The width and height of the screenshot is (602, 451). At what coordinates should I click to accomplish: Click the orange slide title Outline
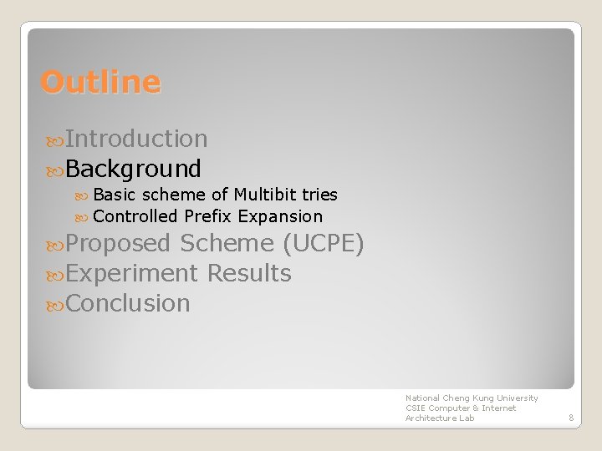(x=100, y=82)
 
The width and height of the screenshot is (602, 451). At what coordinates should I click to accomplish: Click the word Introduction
(x=136, y=139)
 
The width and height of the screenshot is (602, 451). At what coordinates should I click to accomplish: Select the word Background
(x=133, y=169)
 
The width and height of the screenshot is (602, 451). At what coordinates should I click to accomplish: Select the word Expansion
(x=280, y=216)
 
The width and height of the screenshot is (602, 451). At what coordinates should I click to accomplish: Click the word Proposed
(x=118, y=244)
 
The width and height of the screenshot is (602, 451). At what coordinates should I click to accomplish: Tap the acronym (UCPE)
(x=323, y=244)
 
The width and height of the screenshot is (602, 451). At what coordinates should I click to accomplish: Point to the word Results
(x=249, y=273)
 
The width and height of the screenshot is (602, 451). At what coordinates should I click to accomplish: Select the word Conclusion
(x=128, y=303)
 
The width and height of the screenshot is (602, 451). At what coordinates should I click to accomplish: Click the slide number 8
(x=569, y=418)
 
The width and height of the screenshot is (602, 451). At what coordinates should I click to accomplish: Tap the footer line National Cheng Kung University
(x=472, y=398)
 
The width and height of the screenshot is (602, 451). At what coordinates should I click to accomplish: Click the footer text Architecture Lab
(x=440, y=418)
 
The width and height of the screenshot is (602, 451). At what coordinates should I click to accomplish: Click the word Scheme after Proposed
(x=227, y=244)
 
